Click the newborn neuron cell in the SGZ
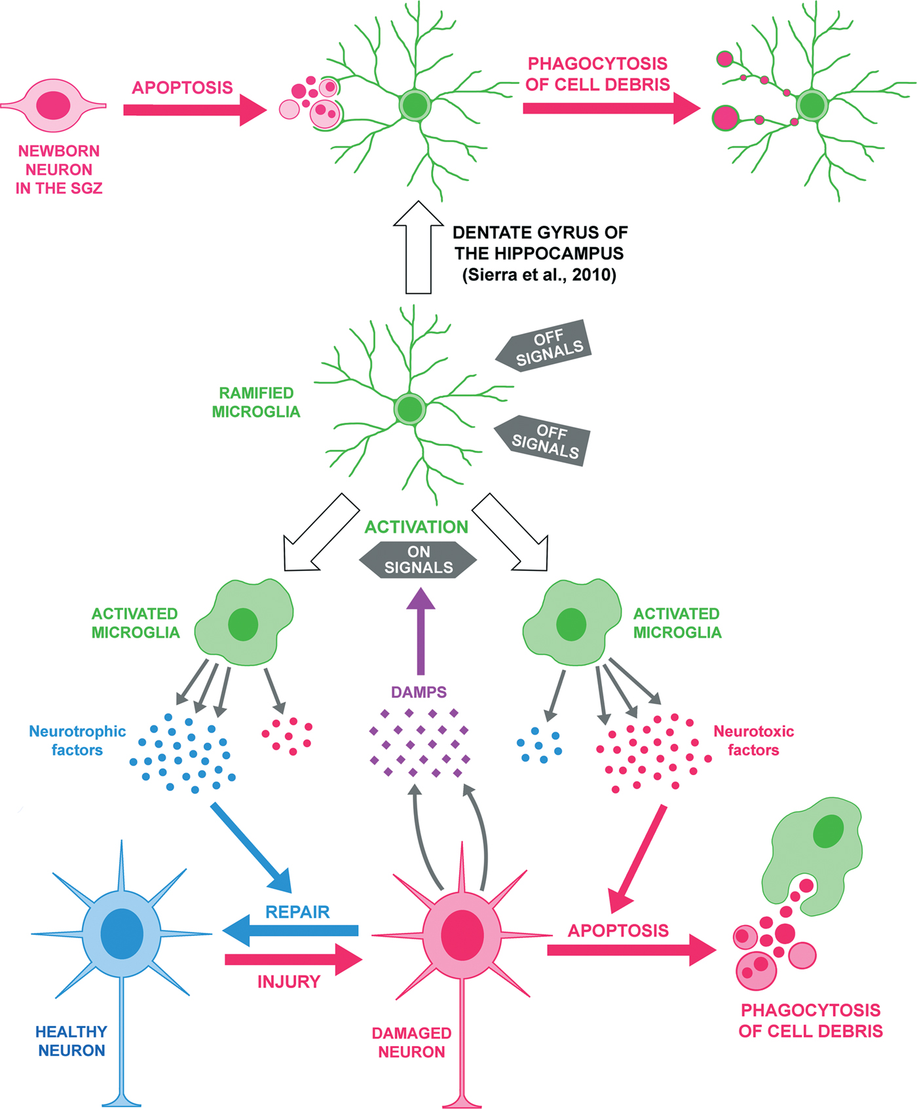(x=54, y=105)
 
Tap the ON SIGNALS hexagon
(x=418, y=560)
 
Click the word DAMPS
(x=419, y=692)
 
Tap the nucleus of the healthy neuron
(x=122, y=934)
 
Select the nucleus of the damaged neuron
(x=462, y=935)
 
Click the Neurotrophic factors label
(x=77, y=740)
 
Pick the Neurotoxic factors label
(x=753, y=740)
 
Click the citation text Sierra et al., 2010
(x=539, y=275)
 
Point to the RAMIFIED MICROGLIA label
(x=256, y=402)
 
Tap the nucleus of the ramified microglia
(x=410, y=409)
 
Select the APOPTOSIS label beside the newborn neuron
(x=182, y=88)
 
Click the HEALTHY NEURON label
(x=71, y=1041)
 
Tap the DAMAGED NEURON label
(x=411, y=1042)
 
